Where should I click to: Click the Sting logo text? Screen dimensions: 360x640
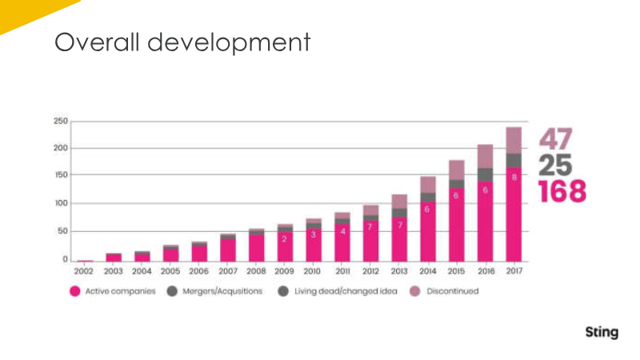click(601, 332)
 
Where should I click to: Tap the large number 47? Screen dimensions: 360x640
click(555, 139)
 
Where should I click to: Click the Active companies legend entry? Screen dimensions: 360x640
click(111, 291)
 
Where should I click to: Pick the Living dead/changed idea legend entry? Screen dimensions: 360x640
click(336, 291)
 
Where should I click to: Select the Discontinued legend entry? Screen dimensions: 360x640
click(446, 291)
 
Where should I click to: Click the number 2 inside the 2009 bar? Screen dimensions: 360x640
click(284, 238)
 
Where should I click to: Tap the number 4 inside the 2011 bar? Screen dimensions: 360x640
click(342, 231)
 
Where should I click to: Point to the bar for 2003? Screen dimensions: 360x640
click(114, 258)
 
